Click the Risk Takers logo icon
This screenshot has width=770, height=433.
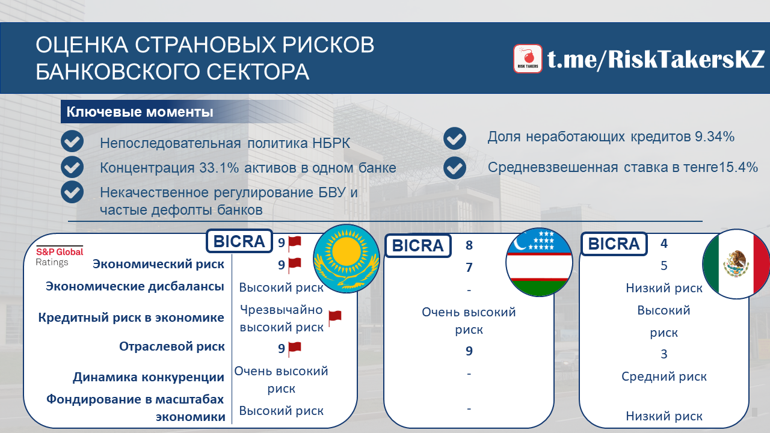[528, 59]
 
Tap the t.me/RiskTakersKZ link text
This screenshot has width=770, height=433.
[656, 59]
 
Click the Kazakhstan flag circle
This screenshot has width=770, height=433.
[346, 259]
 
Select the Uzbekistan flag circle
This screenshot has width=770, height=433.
[539, 262]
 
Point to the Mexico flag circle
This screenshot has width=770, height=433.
[736, 264]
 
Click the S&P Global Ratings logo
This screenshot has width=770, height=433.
[60, 256]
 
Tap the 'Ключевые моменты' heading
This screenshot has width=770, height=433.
[140, 112]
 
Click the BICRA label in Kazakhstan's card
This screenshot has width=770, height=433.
[239, 241]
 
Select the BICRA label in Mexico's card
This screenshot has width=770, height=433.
[614, 244]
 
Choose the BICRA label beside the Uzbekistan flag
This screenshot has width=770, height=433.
[418, 245]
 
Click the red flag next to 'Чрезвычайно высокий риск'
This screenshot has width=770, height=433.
[335, 318]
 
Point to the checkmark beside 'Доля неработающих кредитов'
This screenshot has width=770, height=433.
[455, 138]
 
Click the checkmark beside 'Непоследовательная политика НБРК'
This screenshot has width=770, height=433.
[72, 141]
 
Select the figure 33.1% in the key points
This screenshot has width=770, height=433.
[219, 168]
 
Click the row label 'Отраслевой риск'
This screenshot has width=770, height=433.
[172, 346]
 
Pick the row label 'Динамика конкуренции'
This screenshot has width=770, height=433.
[148, 377]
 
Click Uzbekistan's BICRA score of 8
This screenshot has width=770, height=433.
[469, 245]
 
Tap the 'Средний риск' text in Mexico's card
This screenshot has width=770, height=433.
[664, 376]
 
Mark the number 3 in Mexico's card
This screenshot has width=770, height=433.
[664, 354]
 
